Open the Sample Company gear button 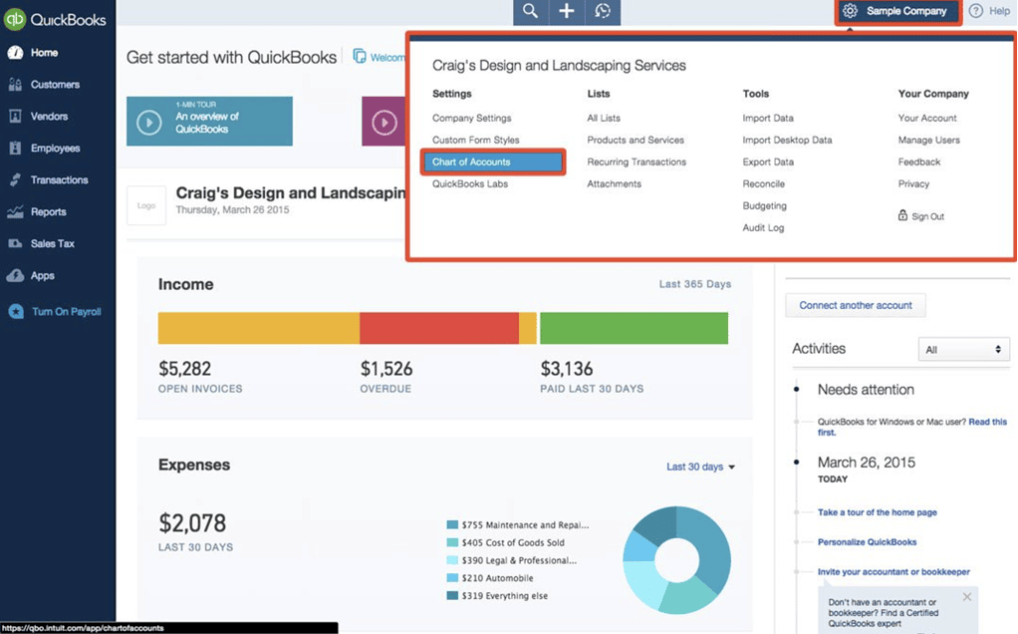pyautogui.click(x=897, y=11)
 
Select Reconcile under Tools pyautogui.click(x=764, y=184)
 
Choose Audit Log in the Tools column pyautogui.click(x=763, y=228)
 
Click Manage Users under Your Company pyautogui.click(x=928, y=141)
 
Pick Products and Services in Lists pyautogui.click(x=636, y=141)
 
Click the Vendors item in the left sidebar pyautogui.click(x=49, y=117)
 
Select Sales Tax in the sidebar pyautogui.click(x=52, y=244)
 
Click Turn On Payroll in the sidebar pyautogui.click(x=66, y=312)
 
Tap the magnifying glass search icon pyautogui.click(x=530, y=11)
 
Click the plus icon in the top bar pyautogui.click(x=566, y=11)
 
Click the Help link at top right pyautogui.click(x=990, y=11)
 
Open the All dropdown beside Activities pyautogui.click(x=963, y=350)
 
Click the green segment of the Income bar pyautogui.click(x=634, y=328)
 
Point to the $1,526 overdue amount pyautogui.click(x=386, y=369)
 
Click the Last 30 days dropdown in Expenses pyautogui.click(x=700, y=467)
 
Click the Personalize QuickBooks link pyautogui.click(x=867, y=542)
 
